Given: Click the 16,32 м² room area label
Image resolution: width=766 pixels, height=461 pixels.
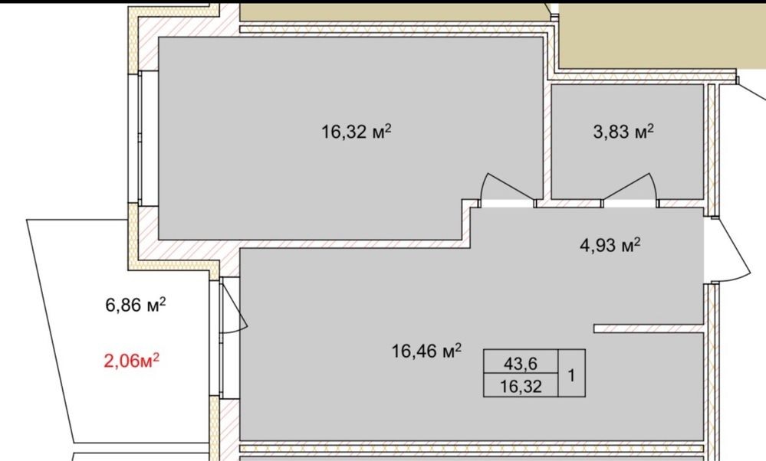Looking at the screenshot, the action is (357, 131).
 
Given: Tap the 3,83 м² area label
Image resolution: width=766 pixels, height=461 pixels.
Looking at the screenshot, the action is (623, 131).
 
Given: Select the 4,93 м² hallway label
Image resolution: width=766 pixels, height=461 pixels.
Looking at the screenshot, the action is (610, 244).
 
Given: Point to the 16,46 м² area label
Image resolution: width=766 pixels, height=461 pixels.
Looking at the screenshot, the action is (426, 350).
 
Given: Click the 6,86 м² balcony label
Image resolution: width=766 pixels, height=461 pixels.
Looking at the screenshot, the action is (135, 305).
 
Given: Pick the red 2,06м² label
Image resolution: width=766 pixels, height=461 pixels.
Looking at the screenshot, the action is (132, 361).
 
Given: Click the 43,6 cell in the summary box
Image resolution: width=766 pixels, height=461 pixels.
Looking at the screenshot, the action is (521, 364).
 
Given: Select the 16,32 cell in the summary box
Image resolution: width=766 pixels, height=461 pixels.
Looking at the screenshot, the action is (521, 387).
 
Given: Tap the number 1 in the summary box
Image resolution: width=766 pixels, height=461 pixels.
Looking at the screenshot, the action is (571, 376).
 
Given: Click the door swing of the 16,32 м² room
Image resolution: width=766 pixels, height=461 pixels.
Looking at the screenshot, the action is (505, 185).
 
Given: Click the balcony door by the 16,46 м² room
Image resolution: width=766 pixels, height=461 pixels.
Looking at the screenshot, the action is (233, 306).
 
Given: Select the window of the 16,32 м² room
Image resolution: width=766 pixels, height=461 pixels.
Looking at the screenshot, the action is (140, 138).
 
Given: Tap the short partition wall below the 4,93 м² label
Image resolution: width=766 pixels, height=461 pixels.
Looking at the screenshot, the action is (648, 329).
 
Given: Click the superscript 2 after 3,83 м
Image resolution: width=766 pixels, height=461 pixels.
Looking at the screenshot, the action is (651, 128).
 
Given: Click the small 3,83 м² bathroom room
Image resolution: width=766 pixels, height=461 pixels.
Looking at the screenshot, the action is (627, 142).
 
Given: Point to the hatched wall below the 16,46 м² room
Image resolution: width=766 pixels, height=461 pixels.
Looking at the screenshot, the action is (472, 448).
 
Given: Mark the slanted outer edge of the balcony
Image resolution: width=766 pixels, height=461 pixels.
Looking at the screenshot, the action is (50, 332).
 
